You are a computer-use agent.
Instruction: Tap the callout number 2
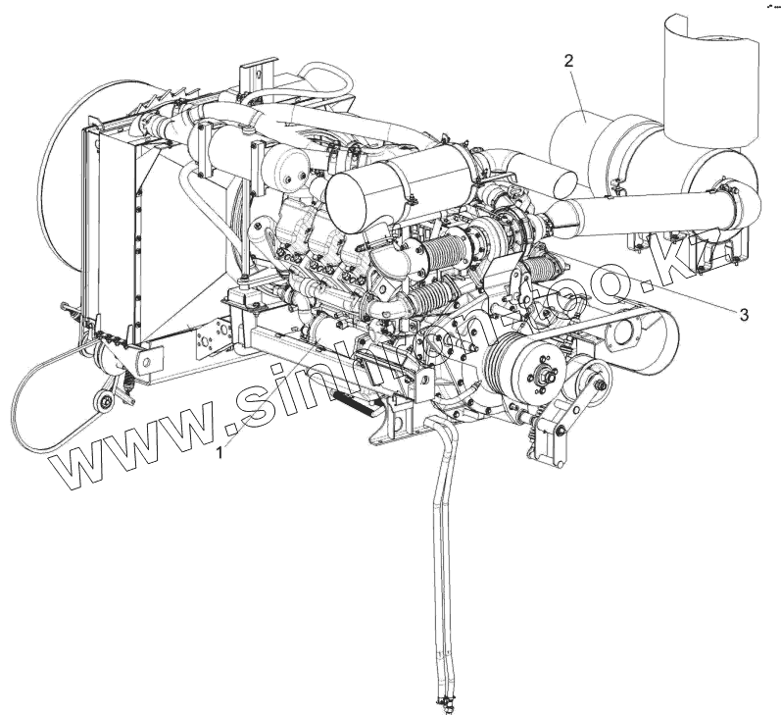(568, 61)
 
